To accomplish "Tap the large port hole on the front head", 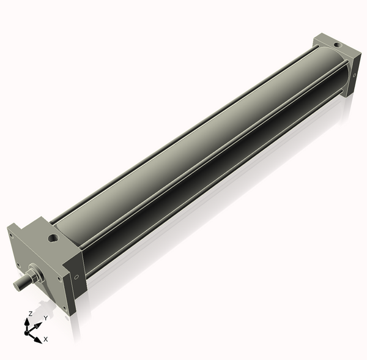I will point(53,236).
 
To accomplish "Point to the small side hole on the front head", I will point(76,277).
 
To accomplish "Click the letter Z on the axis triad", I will point(30,313).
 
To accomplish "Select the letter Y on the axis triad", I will point(45,318).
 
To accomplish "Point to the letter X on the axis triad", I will point(46,339).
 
